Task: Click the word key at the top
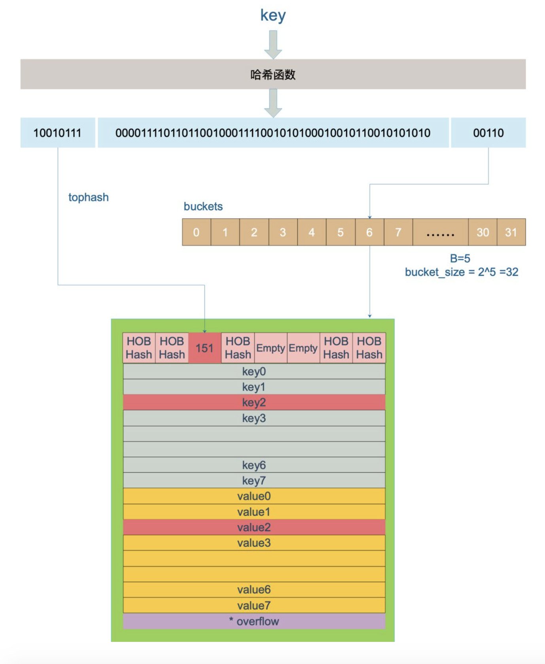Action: pyautogui.click(x=272, y=15)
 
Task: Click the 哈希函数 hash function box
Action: pyautogui.click(x=273, y=74)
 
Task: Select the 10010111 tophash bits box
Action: pyautogui.click(x=57, y=133)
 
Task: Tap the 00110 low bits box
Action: pyautogui.click(x=488, y=133)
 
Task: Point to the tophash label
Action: pyautogui.click(x=88, y=197)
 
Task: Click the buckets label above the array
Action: pyautogui.click(x=203, y=206)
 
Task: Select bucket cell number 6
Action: pyautogui.click(x=369, y=232)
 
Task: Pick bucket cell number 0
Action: pyautogui.click(x=196, y=232)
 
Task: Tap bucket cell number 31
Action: pyautogui.click(x=511, y=232)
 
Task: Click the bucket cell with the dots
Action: pyautogui.click(x=440, y=232)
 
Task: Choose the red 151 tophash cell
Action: pyautogui.click(x=204, y=348)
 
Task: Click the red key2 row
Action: pyautogui.click(x=254, y=402)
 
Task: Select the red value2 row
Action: pyautogui.click(x=254, y=527)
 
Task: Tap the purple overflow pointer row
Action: pyautogui.click(x=254, y=621)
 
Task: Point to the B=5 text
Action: pyautogui.click(x=460, y=258)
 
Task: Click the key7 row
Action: pyautogui.click(x=254, y=481)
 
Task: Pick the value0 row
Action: pyautogui.click(x=254, y=496)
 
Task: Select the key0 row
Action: pyautogui.click(x=254, y=372)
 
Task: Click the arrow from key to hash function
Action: pyautogui.click(x=273, y=44)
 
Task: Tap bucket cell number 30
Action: pyautogui.click(x=483, y=232)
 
